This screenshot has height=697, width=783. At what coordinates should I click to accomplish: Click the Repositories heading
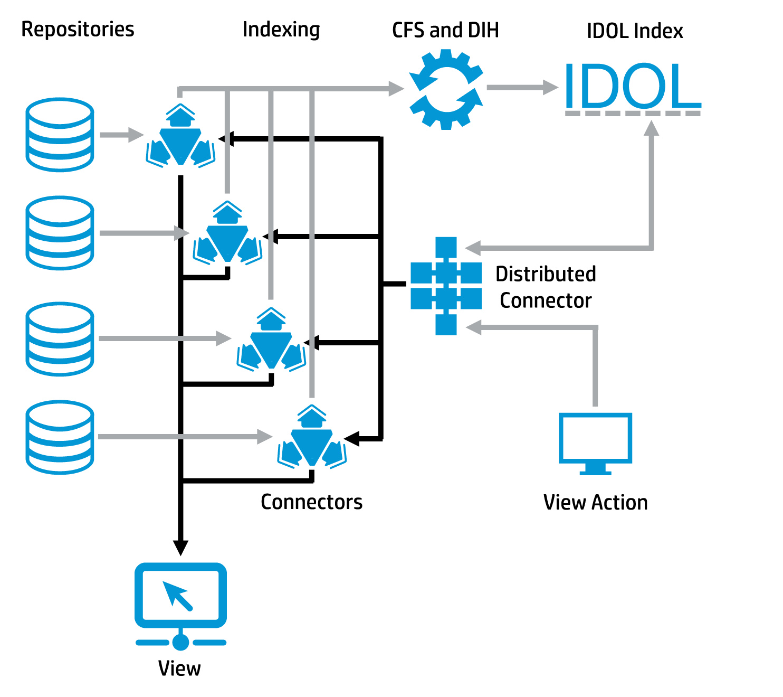[x=78, y=29]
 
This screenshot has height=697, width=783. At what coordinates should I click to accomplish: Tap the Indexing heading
[x=281, y=30]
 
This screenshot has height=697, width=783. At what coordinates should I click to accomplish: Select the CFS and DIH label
[x=445, y=30]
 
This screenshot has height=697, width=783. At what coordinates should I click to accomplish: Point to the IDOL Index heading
[x=635, y=31]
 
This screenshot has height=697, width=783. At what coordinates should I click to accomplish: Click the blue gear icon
[x=446, y=89]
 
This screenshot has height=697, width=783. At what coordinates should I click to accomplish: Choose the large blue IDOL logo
[x=632, y=87]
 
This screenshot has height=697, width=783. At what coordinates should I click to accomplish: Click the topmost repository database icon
[x=60, y=134]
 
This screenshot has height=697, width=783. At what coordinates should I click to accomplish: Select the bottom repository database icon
[x=60, y=437]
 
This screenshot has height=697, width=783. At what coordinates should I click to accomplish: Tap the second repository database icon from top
[x=60, y=233]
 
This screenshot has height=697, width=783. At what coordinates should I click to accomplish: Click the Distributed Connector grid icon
[x=446, y=286]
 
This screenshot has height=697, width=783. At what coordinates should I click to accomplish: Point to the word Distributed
[x=546, y=274]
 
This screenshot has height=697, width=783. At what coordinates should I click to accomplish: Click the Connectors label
[x=311, y=502]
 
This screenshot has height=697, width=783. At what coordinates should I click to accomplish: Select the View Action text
[x=595, y=502]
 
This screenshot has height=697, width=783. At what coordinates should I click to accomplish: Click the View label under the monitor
[x=179, y=668]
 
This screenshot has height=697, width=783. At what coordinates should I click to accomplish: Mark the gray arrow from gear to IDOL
[x=522, y=88]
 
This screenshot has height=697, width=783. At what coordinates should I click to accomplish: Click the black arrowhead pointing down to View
[x=180, y=548]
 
